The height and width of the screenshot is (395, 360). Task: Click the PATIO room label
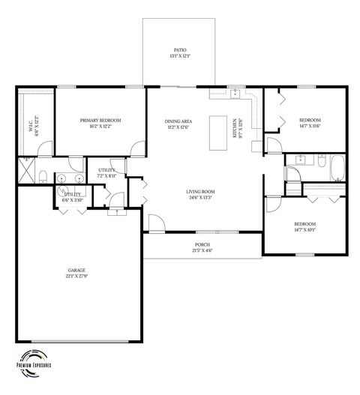pyautogui.click(x=179, y=49)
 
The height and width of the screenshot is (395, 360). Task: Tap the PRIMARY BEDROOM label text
pyautogui.click(x=100, y=120)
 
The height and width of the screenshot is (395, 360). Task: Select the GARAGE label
pyautogui.click(x=77, y=270)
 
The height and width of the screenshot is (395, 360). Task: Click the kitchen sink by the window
pyautogui.click(x=235, y=94)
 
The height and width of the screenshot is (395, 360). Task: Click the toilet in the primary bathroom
pyautogui.click(x=43, y=177)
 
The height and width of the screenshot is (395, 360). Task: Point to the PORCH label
pyautogui.click(x=202, y=245)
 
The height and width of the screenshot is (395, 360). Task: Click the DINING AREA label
pyautogui.click(x=179, y=120)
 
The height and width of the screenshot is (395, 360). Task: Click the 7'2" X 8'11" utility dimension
pyautogui.click(x=106, y=177)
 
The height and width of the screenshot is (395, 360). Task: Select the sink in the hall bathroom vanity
pyautogui.click(x=300, y=160)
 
